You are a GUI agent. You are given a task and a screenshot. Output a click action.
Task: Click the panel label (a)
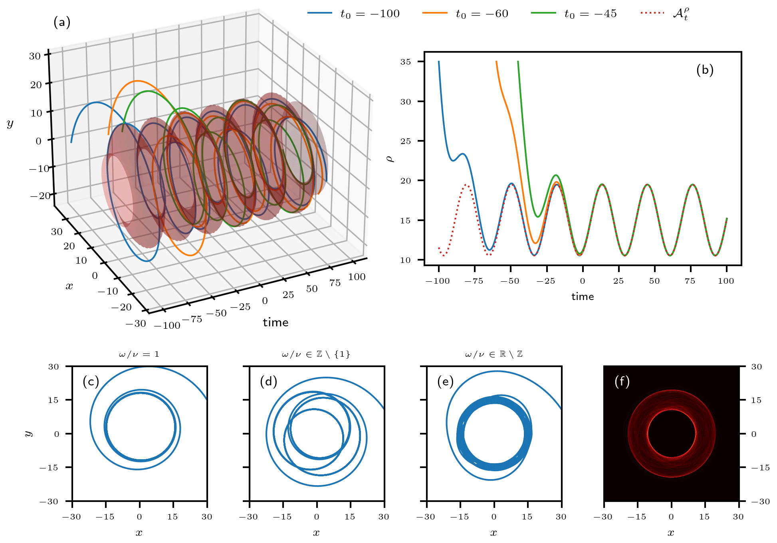pos(62,22)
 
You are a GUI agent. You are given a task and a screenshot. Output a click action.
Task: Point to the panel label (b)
pos(705,70)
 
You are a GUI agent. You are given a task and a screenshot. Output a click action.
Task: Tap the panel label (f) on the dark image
pos(622,381)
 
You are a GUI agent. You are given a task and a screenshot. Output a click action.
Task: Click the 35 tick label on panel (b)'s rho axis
pos(406,62)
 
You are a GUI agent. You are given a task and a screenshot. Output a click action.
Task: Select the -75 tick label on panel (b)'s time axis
pos(474,281)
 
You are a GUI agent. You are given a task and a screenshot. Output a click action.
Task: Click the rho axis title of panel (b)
pos(390,159)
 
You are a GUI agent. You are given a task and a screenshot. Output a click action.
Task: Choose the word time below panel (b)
pos(583,296)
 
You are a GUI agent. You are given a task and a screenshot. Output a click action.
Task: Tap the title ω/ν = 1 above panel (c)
pos(139,354)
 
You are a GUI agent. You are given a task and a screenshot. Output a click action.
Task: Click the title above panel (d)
pos(316,354)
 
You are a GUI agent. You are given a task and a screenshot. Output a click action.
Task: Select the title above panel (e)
pos(494,354)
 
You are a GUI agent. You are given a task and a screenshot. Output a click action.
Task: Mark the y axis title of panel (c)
pos(28,433)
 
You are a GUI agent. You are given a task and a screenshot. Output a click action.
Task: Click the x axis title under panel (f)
pos(671,533)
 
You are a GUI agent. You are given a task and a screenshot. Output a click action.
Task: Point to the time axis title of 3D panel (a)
pos(276,322)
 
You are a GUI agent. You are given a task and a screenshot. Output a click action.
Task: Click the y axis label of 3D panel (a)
pos(10,124)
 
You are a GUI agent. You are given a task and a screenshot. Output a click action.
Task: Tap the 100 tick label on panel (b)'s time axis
pos(726,281)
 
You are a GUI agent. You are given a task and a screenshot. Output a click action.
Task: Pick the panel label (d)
pos(268,381)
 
